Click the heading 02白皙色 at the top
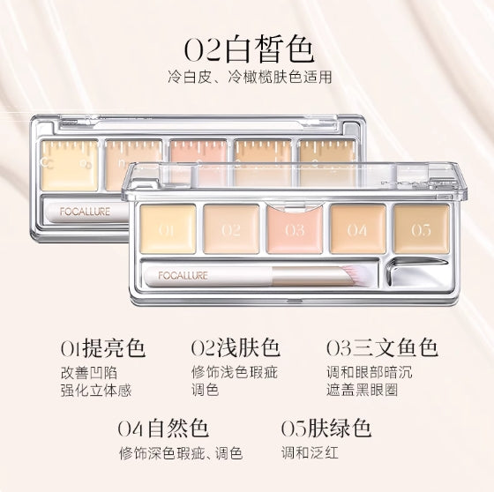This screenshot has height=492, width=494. [247, 46]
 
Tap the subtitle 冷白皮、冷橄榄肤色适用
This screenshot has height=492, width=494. [247, 77]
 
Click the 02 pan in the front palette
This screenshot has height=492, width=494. [231, 228]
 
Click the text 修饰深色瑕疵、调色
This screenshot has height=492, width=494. [182, 455]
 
